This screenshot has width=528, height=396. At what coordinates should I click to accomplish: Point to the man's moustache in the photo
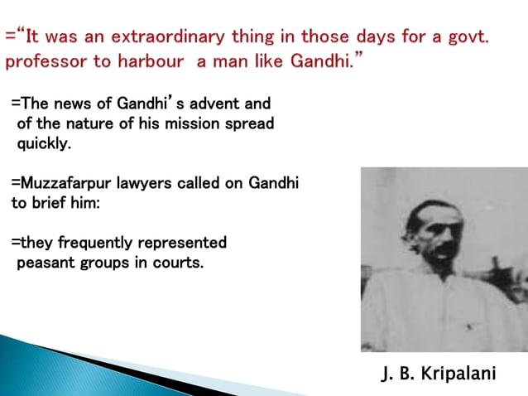[x=442, y=248]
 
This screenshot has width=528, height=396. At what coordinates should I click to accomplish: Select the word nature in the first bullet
[x=98, y=124]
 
